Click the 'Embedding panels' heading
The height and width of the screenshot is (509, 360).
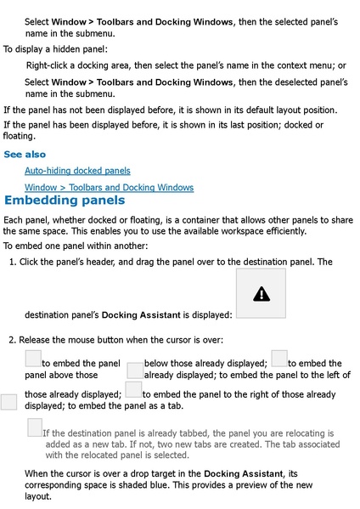tap(65, 201)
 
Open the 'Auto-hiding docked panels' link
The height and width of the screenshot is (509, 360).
tap(77, 171)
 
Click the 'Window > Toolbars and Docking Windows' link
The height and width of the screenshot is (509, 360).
tap(109, 187)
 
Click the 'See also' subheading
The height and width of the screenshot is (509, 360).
tap(25, 155)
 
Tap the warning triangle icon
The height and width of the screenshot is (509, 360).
tap(261, 294)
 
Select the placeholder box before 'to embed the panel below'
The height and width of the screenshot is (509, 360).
tap(33, 359)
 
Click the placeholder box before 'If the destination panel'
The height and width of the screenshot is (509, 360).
tap(35, 428)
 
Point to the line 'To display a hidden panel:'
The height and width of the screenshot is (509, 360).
tap(51, 49)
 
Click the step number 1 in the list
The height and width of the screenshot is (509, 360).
tap(11, 262)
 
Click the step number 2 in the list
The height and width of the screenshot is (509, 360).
tap(11, 340)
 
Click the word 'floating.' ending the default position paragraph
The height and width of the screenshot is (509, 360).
tap(20, 135)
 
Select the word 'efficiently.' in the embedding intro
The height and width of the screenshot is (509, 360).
tap(280, 230)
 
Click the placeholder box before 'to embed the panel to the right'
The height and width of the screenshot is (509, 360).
tap(133, 389)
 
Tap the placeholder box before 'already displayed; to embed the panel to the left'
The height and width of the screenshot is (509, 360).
tap(134, 370)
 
